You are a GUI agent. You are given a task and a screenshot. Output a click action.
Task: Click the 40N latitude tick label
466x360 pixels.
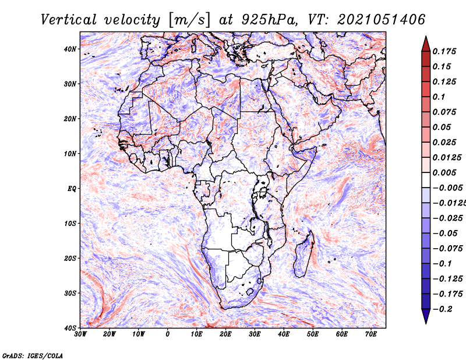(70, 49)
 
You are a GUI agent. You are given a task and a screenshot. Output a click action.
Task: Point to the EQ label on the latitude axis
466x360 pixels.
(72, 189)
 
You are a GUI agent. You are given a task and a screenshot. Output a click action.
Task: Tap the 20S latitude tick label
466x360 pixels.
(70, 258)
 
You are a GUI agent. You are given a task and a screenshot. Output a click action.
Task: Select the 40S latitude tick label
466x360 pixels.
(70, 328)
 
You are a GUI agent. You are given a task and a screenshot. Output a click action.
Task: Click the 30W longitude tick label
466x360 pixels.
(80, 334)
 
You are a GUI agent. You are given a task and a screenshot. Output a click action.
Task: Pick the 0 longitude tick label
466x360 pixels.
(168, 334)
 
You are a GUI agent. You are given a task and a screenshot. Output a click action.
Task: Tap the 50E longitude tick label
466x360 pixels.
(313, 334)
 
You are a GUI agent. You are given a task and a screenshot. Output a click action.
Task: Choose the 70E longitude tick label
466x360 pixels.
(371, 334)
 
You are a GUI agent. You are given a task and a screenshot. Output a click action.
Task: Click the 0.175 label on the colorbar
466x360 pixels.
(444, 51)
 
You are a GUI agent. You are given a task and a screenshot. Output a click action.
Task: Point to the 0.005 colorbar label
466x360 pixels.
(444, 172)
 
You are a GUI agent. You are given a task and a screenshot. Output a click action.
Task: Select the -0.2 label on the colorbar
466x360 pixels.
(442, 309)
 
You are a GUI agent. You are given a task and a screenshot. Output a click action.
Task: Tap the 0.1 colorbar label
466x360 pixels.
(439, 97)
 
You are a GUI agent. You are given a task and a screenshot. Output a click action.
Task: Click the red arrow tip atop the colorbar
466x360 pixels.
(426, 37)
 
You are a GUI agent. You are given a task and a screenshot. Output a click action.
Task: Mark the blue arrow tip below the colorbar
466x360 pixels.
(426, 323)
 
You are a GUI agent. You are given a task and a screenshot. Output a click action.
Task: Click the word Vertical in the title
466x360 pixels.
(69, 20)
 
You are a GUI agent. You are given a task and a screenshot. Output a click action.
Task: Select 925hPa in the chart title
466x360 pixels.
(270, 20)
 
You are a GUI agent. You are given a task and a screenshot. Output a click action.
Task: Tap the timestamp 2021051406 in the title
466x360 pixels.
(382, 20)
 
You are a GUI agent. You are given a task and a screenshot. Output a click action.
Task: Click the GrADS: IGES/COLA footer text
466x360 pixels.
(33, 355)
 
